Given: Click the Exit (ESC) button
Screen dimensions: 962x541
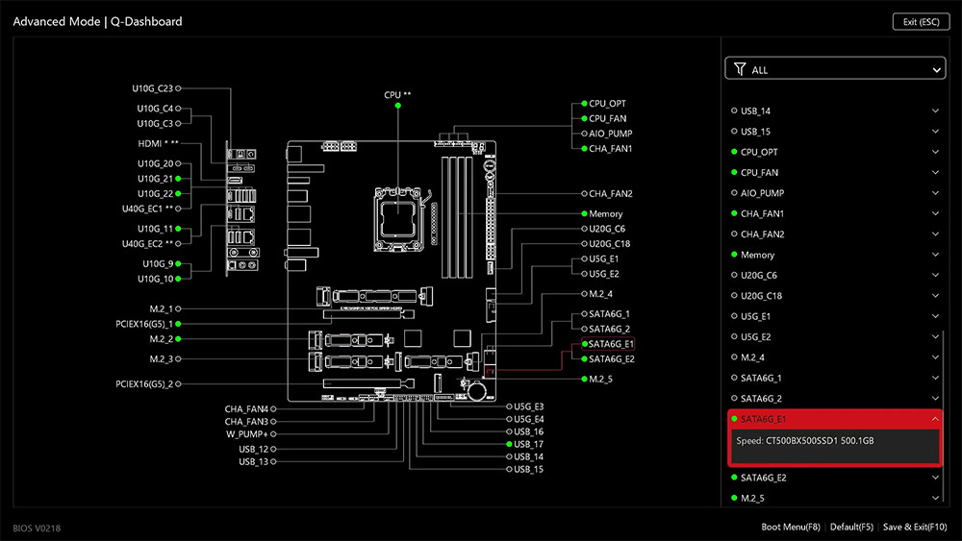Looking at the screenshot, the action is [921, 21].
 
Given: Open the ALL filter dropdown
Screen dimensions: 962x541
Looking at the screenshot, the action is [835, 68].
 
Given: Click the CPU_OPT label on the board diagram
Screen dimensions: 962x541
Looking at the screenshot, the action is [607, 104].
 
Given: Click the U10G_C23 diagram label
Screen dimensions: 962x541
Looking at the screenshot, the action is [153, 88].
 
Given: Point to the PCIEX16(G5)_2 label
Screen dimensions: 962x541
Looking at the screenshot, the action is [144, 384].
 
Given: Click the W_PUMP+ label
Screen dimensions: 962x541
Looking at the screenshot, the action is [247, 433].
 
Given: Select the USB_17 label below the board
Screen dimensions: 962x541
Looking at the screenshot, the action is [528, 444].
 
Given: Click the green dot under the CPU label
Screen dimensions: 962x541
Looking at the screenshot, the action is [397, 106].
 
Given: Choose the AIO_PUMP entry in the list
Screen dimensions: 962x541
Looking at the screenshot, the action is [762, 193].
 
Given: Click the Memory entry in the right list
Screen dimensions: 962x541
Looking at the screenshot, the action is [757, 255].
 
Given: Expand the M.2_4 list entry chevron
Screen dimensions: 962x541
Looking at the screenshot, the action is [935, 357].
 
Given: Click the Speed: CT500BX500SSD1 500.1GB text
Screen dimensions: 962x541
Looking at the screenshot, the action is [805, 440].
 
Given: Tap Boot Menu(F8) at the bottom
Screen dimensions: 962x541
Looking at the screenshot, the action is [790, 527].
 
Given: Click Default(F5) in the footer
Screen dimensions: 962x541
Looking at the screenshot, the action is [851, 527].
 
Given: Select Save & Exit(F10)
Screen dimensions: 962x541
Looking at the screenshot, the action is [915, 527].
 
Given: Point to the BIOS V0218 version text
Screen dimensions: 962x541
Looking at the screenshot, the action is [37, 529].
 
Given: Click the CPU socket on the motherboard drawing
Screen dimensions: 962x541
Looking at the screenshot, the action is [399, 219].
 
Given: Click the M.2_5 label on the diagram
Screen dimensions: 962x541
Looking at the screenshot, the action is [600, 380].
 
